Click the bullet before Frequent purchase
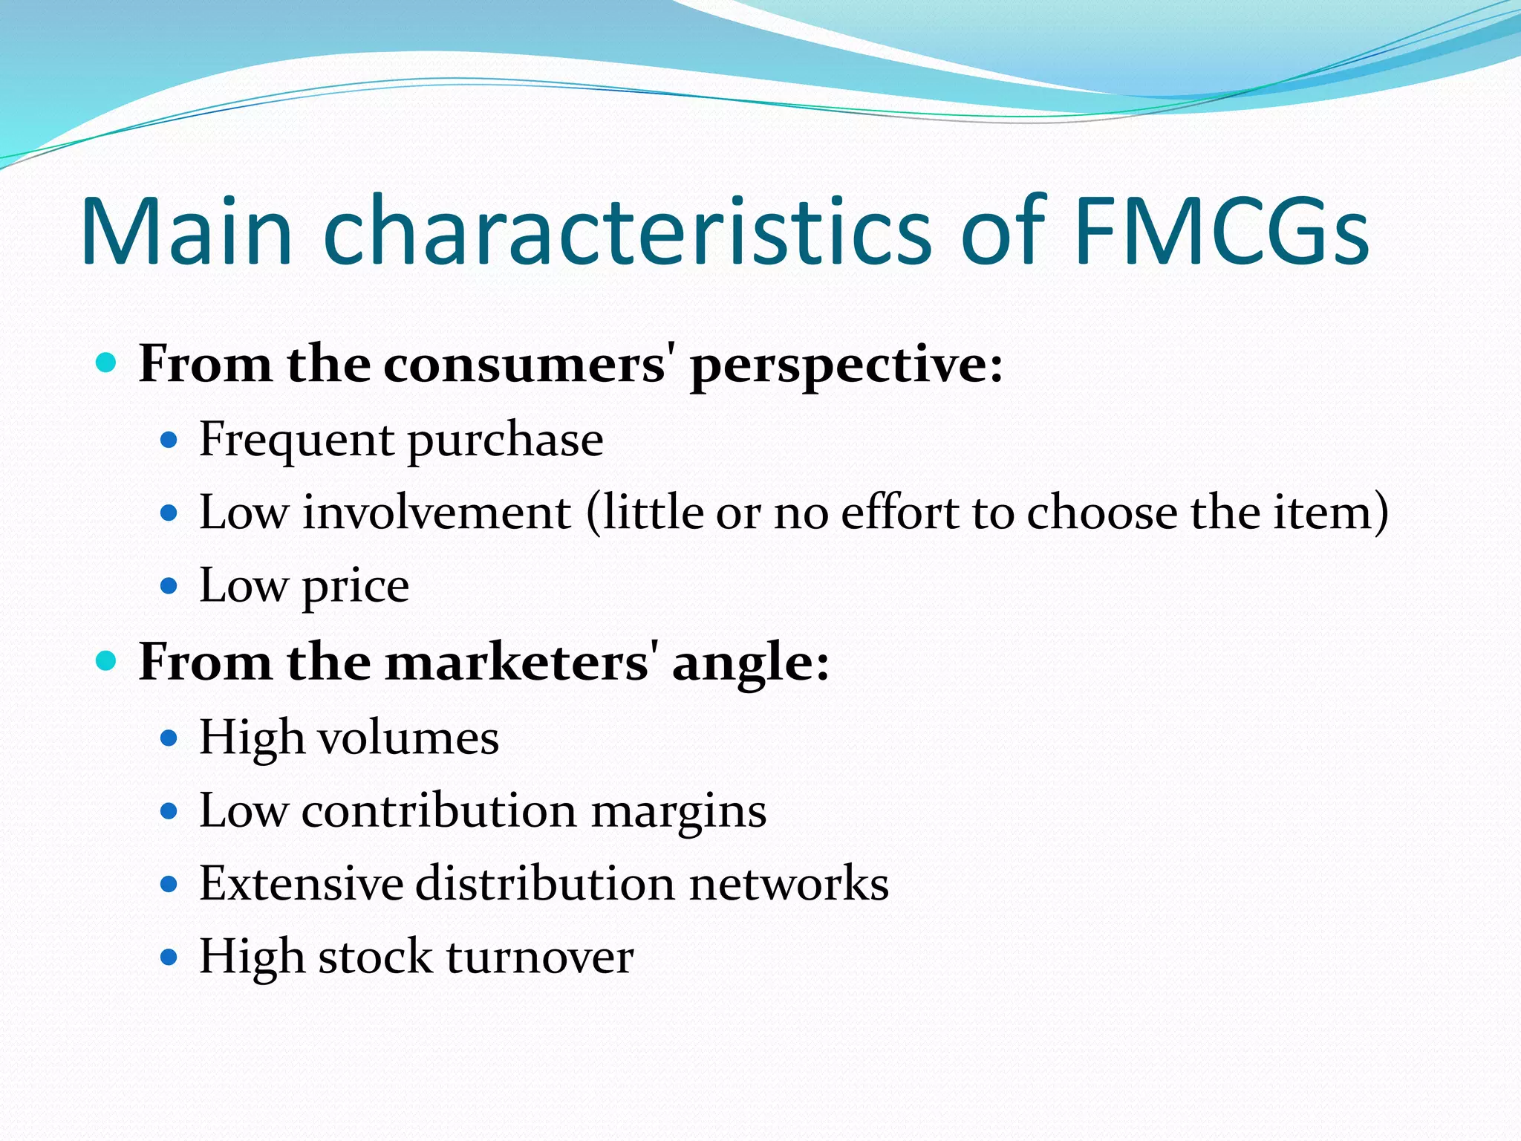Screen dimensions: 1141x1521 169,441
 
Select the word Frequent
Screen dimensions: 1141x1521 296,440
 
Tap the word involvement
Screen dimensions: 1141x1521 437,513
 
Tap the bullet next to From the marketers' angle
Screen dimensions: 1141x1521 107,660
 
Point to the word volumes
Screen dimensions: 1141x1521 408,738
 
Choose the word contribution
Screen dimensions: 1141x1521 439,810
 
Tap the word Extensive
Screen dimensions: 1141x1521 302,883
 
